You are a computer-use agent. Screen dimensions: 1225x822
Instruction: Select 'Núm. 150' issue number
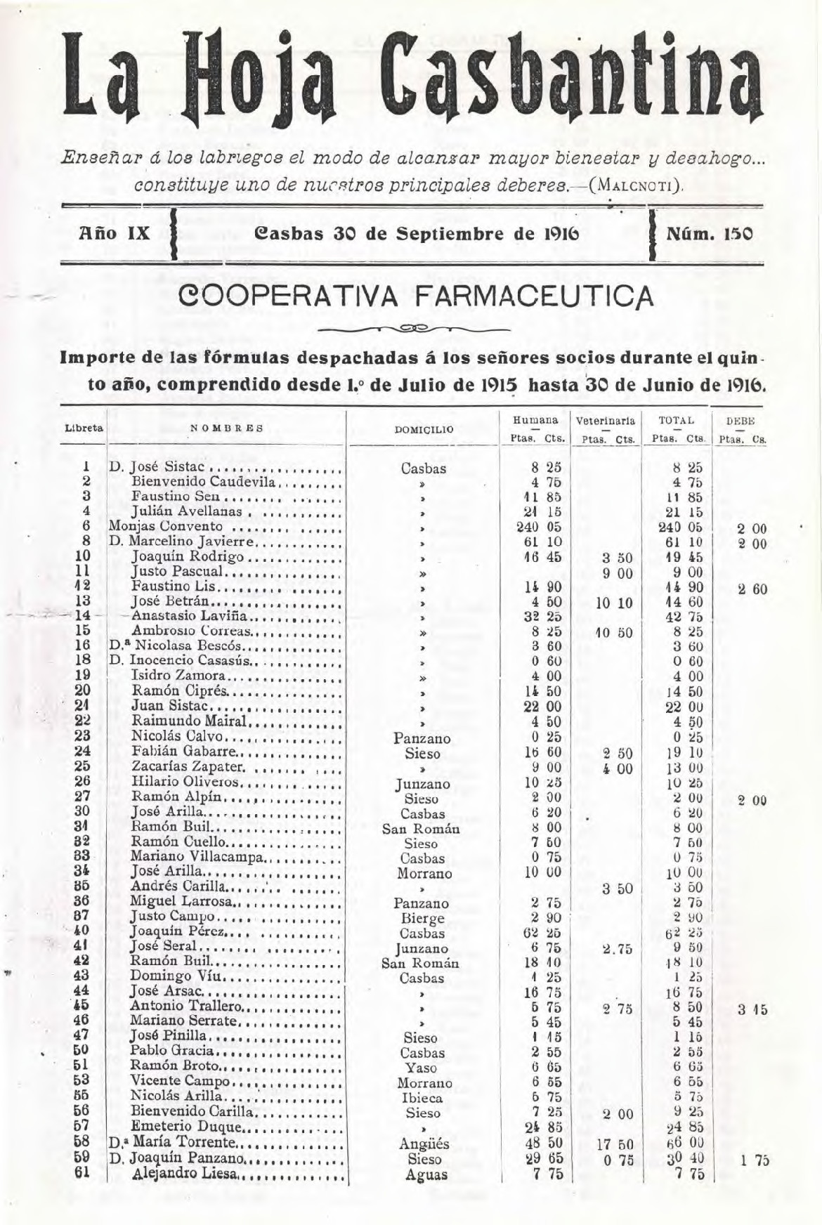709,233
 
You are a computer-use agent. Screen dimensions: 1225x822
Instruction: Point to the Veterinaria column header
606,421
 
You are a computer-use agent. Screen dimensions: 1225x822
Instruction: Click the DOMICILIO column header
424,428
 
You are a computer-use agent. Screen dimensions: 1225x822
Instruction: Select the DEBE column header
740,421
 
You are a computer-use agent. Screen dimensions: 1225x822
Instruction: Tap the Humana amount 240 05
544,527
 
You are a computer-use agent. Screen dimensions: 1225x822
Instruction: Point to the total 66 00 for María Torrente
685,1143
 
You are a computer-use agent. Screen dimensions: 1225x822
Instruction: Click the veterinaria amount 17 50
615,1144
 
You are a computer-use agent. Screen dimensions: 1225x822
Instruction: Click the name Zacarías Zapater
188,766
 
